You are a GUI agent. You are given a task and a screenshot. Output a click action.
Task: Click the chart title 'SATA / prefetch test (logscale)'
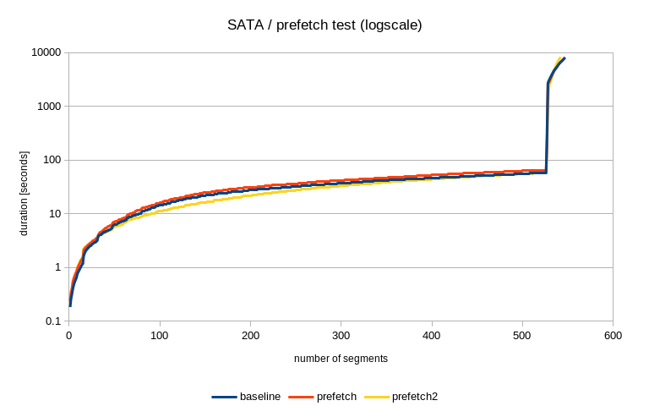click(x=324, y=25)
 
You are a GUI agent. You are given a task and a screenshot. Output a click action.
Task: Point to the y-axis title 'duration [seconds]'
click(x=25, y=194)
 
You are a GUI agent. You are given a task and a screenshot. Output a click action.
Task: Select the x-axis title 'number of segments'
click(x=341, y=359)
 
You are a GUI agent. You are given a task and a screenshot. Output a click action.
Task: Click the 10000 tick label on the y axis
click(x=45, y=52)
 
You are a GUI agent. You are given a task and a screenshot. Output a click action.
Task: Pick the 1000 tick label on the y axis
click(x=48, y=107)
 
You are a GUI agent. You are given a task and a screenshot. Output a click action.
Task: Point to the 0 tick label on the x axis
click(x=69, y=336)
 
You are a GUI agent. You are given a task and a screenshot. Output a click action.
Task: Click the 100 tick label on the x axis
click(x=160, y=336)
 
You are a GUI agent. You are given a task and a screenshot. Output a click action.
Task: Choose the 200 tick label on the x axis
click(x=250, y=336)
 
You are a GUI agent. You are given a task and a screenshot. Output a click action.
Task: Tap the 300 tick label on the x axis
click(x=341, y=336)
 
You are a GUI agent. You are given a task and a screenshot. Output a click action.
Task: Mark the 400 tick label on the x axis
click(x=432, y=336)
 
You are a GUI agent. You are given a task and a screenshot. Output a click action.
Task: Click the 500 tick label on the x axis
click(x=522, y=336)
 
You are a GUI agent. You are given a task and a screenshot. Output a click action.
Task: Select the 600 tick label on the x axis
click(x=613, y=336)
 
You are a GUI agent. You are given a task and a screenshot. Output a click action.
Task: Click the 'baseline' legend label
click(x=260, y=396)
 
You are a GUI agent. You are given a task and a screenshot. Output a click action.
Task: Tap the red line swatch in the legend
click(x=301, y=396)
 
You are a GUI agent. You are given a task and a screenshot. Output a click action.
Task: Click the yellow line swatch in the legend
click(x=378, y=396)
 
